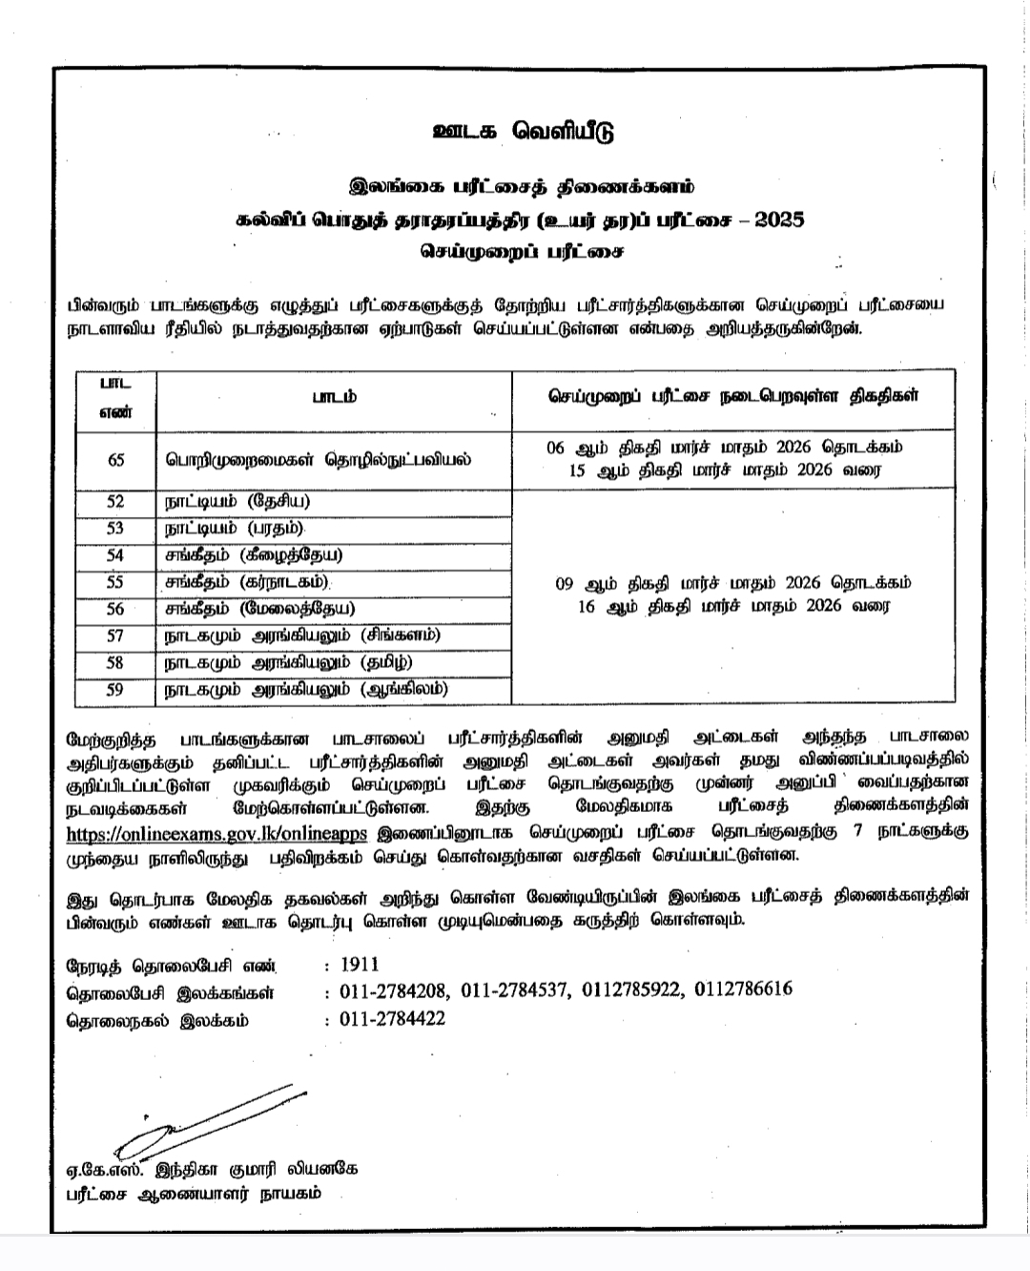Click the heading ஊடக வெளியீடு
(517, 131)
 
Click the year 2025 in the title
(779, 219)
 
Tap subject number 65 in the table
(116, 460)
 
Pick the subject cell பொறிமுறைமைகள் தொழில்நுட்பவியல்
(316, 459)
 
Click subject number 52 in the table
(116, 502)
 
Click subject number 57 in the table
(116, 635)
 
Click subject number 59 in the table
(116, 688)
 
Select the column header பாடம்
(334, 397)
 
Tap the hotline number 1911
(360, 965)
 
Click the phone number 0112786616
(744, 990)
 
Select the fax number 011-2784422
(392, 1019)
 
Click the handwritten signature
(205, 1117)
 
